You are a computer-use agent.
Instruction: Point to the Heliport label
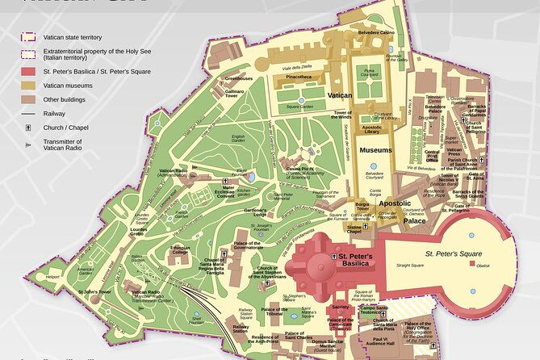pos(52,276)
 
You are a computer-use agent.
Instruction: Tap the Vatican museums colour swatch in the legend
pos(27,83)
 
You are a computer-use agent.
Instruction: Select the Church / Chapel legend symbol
pos(27,128)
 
